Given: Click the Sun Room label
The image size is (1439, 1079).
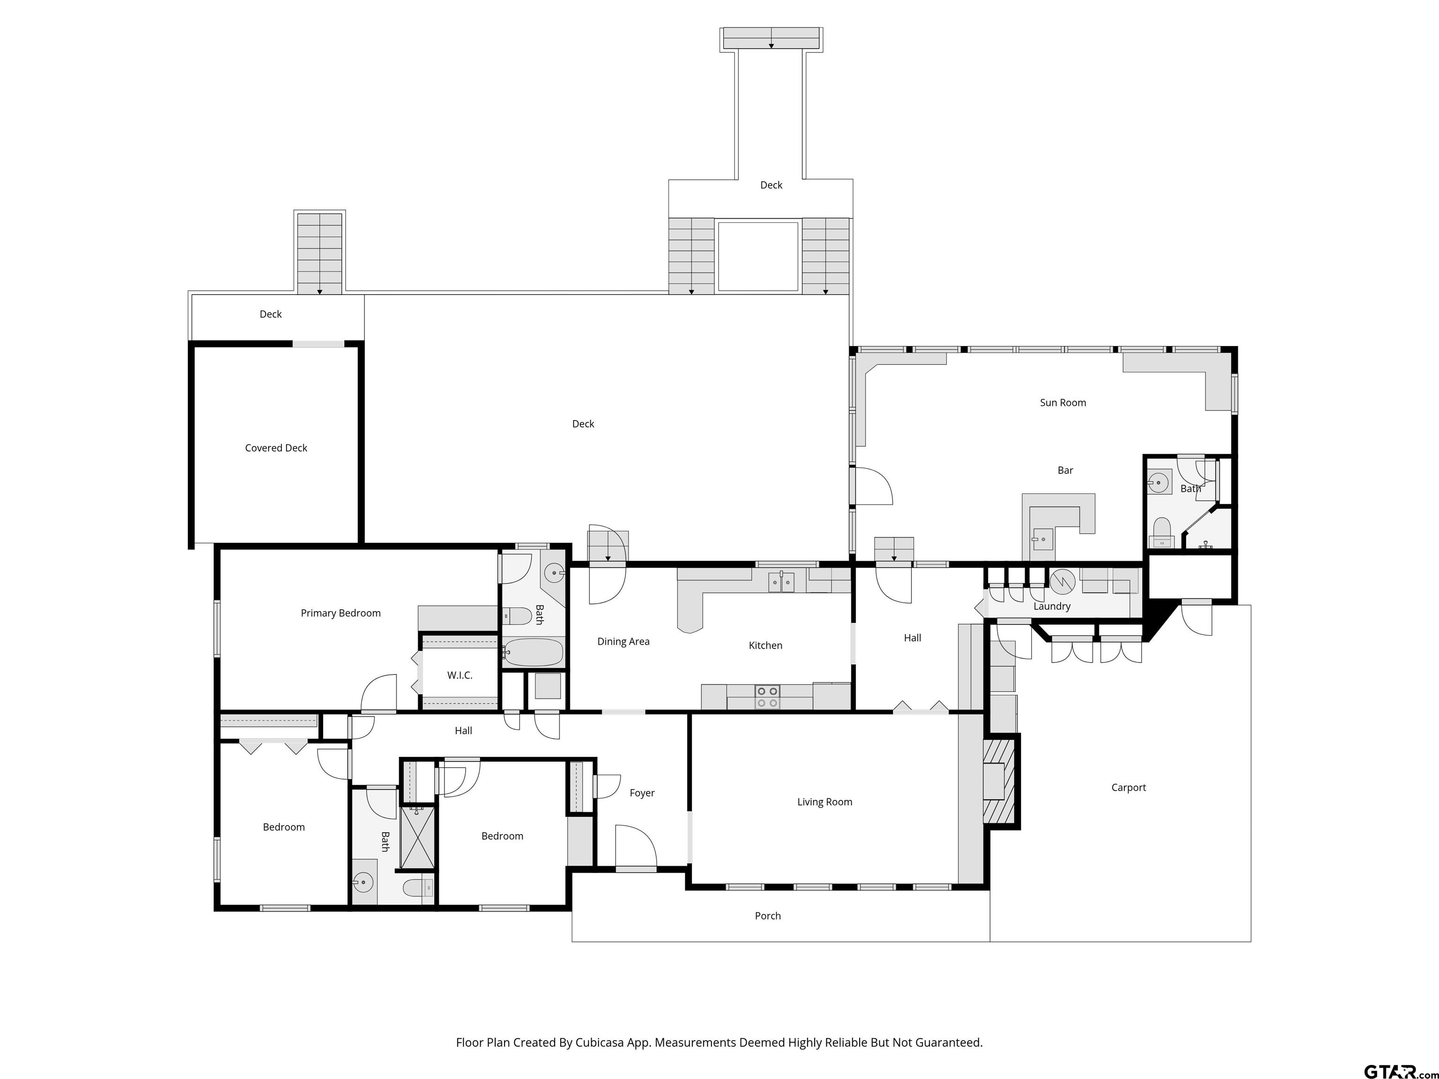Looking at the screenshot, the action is (1063, 403).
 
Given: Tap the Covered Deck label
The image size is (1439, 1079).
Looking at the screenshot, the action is (276, 448).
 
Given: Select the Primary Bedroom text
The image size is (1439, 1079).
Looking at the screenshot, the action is (340, 613).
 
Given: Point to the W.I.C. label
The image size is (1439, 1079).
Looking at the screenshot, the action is (459, 675).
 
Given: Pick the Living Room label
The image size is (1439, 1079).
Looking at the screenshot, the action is (824, 802).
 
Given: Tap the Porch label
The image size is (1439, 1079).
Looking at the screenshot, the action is (768, 916).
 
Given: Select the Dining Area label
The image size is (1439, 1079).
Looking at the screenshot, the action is (623, 642).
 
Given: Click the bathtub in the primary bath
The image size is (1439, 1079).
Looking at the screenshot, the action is (534, 652).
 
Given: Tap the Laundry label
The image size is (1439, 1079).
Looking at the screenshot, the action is (1052, 606).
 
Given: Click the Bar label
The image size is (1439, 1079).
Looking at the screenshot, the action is (1065, 470).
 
